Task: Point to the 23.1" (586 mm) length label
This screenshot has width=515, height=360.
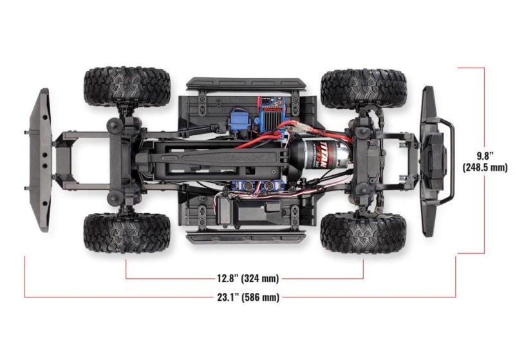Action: pos(247,297)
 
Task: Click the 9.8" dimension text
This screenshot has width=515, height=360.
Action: pos(486,156)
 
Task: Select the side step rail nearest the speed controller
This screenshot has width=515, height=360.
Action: pos(247,84)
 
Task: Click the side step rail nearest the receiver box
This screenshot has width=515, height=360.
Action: pos(247,238)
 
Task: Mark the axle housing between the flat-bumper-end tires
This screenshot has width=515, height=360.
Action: pos(124,159)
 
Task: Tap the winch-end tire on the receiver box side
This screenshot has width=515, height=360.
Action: pos(364,232)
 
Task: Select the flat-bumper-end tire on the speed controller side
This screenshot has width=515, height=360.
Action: pos(127,86)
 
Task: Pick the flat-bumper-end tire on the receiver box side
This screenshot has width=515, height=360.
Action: pos(127,232)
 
